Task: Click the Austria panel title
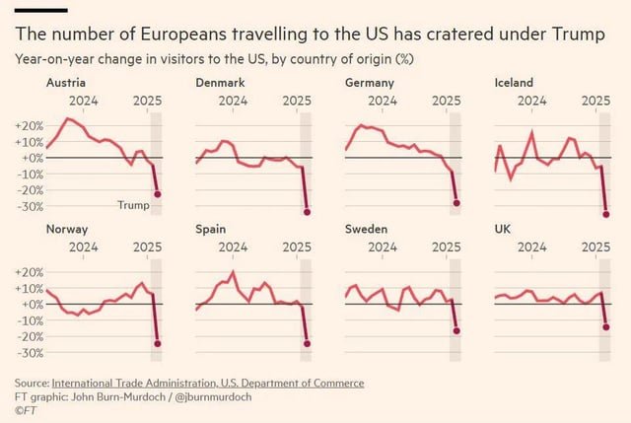pos(65,83)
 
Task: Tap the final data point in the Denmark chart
pos(307,212)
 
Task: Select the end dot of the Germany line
pos(456,203)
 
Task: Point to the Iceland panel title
pos(513,83)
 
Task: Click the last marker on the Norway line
pos(158,343)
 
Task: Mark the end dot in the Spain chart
pos(307,343)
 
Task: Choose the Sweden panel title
pos(366,229)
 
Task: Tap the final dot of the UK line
pos(605,326)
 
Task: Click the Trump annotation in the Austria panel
pos(133,205)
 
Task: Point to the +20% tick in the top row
pos(29,125)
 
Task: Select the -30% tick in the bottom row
pos(29,353)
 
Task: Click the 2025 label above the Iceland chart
pos(596,100)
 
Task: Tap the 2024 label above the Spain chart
pos(233,246)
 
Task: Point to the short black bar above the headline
pos(40,11)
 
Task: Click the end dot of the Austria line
pos(158,194)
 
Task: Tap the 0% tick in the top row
pos(33,158)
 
